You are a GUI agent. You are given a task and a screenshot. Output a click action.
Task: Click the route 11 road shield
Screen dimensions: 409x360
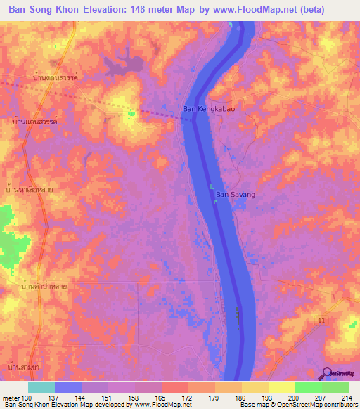pos(321,320)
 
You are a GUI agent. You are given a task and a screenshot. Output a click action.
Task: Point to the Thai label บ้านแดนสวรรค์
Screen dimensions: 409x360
pos(34,122)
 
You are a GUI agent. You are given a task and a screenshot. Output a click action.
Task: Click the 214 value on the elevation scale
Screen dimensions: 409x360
pos(345,398)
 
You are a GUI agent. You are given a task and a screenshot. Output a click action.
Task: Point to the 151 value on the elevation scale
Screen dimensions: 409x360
pos(105,398)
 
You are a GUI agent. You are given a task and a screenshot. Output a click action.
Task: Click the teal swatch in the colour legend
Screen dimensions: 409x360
pos(41,387)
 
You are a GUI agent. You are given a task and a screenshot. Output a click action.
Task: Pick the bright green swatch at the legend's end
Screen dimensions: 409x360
pos(335,387)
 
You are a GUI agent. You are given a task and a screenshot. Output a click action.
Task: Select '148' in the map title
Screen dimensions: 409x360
pos(154,11)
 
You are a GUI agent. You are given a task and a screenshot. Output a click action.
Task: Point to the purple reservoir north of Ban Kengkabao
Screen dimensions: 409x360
pos(123,65)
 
